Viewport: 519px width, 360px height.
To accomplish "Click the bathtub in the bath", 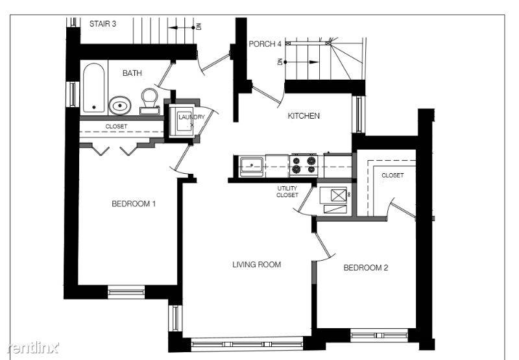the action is pyautogui.click(x=93, y=88).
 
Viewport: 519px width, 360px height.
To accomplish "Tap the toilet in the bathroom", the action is pyautogui.click(x=150, y=101).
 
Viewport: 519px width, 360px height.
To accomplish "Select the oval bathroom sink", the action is pyautogui.click(x=120, y=106).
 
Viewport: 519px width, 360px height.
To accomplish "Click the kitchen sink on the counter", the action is pyautogui.click(x=252, y=167).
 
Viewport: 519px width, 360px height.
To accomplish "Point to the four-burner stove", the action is pyautogui.click(x=304, y=165).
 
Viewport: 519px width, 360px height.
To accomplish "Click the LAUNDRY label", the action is pyautogui.click(x=191, y=117).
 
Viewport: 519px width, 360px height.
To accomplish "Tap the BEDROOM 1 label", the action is pyautogui.click(x=134, y=204).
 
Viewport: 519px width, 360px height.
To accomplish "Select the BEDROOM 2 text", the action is pyautogui.click(x=366, y=268).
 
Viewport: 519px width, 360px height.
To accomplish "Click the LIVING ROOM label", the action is pyautogui.click(x=256, y=265).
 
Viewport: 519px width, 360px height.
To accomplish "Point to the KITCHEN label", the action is pyautogui.click(x=304, y=116).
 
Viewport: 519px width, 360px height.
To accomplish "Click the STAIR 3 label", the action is pyautogui.click(x=103, y=24).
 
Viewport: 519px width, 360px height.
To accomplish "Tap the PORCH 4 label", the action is pyautogui.click(x=265, y=44).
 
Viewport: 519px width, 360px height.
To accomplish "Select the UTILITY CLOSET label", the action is pyautogui.click(x=287, y=191).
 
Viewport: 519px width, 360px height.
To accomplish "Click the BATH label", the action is pyautogui.click(x=132, y=73).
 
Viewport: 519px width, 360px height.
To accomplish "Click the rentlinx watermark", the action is pyautogui.click(x=32, y=348).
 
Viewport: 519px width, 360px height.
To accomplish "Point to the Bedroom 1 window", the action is pyautogui.click(x=127, y=292).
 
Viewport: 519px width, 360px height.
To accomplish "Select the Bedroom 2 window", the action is pyautogui.click(x=379, y=335).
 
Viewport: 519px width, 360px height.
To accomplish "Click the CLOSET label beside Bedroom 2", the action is pyautogui.click(x=392, y=175).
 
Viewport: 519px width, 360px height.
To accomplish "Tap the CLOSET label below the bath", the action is pyautogui.click(x=116, y=126).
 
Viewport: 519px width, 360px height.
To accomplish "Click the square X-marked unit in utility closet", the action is pyautogui.click(x=339, y=195).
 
